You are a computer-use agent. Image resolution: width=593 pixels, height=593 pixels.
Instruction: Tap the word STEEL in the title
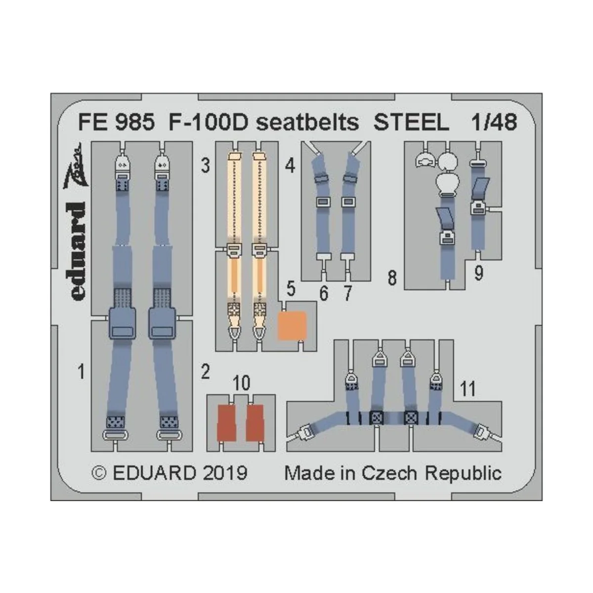(411, 122)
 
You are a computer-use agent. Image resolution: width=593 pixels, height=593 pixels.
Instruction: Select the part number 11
(467, 389)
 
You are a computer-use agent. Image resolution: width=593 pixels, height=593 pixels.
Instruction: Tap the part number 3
(205, 166)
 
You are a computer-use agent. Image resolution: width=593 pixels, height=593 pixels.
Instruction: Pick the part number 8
(392, 279)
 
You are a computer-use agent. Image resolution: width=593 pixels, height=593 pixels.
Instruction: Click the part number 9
(478, 273)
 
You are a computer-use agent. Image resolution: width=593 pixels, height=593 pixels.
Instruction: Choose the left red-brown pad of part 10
(227, 423)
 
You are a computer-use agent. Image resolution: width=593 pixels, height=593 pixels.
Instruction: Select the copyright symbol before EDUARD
(99, 473)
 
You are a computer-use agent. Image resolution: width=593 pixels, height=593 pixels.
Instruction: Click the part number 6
(323, 294)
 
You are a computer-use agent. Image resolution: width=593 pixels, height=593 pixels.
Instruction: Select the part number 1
(82, 371)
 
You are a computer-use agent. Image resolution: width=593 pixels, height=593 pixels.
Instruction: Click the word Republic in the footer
(463, 473)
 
